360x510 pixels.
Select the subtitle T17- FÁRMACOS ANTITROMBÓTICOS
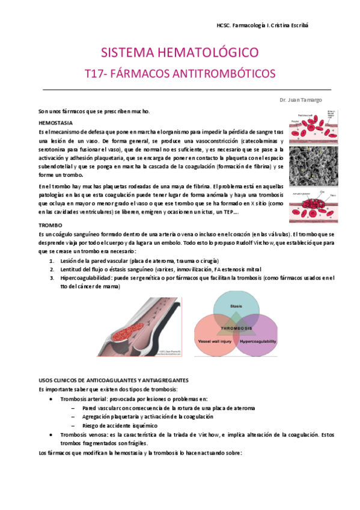click(179, 73)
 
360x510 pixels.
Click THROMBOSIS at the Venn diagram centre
click(236, 328)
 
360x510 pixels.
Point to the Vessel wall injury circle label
click(214, 341)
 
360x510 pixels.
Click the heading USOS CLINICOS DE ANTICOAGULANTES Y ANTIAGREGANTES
click(114, 380)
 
